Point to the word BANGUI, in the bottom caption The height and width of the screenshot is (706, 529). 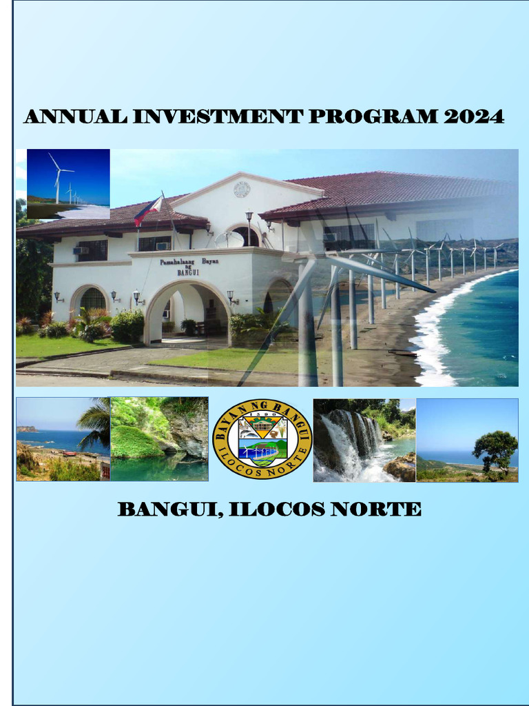click(x=169, y=510)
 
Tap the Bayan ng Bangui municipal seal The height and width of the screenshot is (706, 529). click(x=262, y=439)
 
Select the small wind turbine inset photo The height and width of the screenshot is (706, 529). click(x=68, y=183)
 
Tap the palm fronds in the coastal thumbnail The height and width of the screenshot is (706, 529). click(x=95, y=422)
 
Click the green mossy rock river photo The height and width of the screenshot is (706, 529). click(x=159, y=439)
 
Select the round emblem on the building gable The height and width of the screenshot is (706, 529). click(x=242, y=189)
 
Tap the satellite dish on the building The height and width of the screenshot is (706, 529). click(x=229, y=239)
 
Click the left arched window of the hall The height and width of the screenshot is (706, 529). click(x=92, y=299)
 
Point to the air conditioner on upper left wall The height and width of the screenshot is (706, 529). click(x=80, y=250)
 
